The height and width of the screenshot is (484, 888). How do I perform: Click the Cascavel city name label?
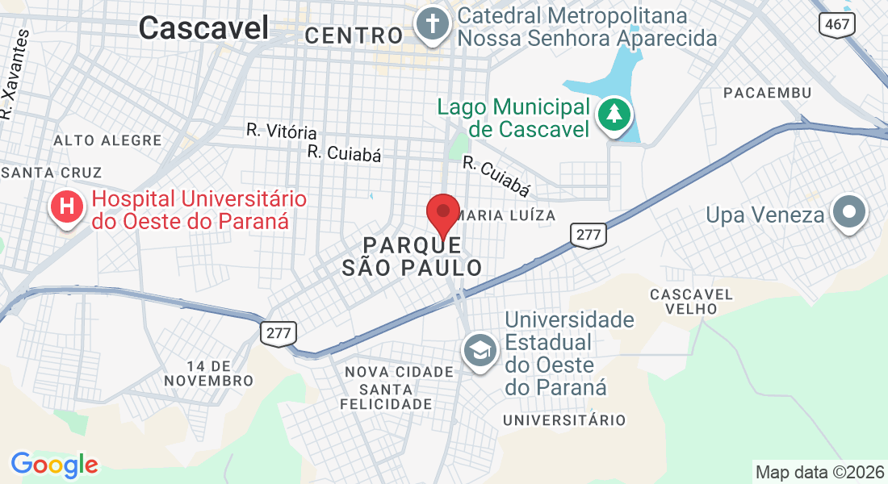tap(203, 28)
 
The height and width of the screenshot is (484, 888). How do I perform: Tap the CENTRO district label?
tap(354, 35)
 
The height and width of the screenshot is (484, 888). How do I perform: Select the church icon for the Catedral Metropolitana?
tap(432, 25)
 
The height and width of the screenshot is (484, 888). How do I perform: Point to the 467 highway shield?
tap(837, 24)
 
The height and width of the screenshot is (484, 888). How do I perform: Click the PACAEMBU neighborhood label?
tap(767, 93)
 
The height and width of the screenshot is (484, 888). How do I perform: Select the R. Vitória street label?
tap(282, 131)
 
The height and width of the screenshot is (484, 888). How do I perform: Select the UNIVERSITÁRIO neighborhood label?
tap(564, 420)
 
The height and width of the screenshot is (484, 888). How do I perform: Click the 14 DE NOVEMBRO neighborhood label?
tap(208, 373)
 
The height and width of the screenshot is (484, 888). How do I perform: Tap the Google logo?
tap(54, 465)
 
